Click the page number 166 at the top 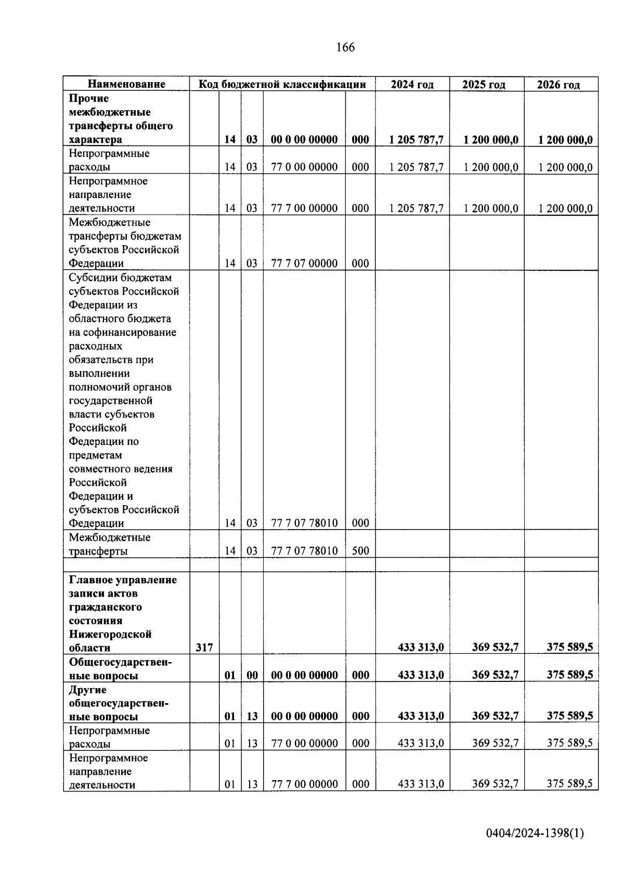(x=345, y=48)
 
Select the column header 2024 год (x=412, y=84)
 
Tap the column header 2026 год (x=558, y=84)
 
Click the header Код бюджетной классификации (x=282, y=84)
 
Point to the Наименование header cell (x=126, y=84)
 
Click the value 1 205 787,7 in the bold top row (x=417, y=139)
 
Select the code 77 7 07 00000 (x=304, y=263)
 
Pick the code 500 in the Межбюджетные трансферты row (x=360, y=550)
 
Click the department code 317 (x=204, y=648)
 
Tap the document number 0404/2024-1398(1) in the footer (x=535, y=833)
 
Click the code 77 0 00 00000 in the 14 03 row (x=304, y=167)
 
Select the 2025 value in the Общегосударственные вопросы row (x=495, y=675)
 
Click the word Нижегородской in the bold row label (x=110, y=634)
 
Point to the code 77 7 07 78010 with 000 (x=304, y=523)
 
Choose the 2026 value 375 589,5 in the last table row (x=569, y=784)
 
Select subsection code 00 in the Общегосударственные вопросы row (x=252, y=675)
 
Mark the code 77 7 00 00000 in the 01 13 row (x=304, y=784)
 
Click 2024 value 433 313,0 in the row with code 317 (x=421, y=648)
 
